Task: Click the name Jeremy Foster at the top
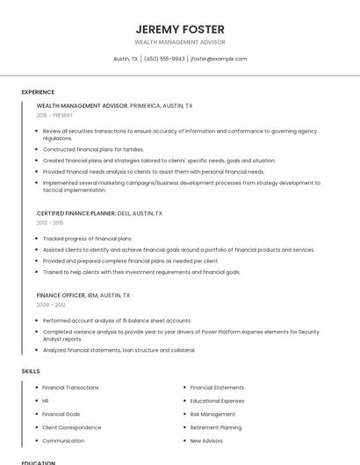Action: coord(180,29)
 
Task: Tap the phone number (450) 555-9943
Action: coord(164,59)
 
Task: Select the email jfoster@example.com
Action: coord(219,59)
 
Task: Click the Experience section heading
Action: coord(38,92)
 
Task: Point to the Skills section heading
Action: coord(31,371)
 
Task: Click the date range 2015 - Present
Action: coord(55,115)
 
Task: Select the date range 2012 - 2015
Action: coord(50,223)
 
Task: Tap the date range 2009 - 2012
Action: coord(51,304)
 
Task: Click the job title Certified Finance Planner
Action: coord(76,213)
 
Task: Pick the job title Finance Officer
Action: coord(61,296)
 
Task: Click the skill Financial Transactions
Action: coord(70,388)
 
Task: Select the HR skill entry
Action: coord(46,401)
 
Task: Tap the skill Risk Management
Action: coord(212,414)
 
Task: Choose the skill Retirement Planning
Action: coord(215,427)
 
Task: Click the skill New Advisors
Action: coord(206,440)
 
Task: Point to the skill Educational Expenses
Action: coord(217,401)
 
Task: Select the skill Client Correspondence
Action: coord(71,427)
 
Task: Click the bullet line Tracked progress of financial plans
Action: coord(87,239)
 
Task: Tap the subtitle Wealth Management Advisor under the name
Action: coord(180,42)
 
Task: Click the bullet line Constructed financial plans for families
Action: coord(93,149)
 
